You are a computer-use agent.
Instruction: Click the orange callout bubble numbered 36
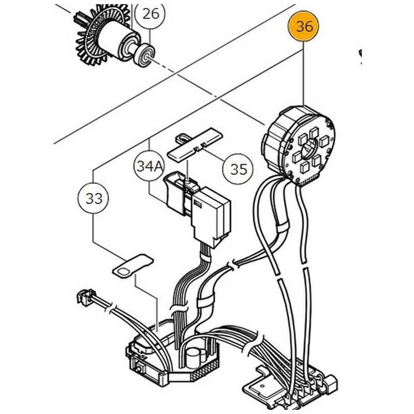click(x=304, y=26)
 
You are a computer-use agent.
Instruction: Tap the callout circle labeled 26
click(x=151, y=13)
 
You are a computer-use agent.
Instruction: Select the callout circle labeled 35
click(x=239, y=169)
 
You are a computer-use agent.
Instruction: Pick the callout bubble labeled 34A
click(x=150, y=167)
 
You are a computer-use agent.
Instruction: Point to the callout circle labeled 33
click(x=94, y=198)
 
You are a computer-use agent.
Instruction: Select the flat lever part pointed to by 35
click(x=198, y=144)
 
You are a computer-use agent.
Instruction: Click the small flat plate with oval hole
click(x=132, y=267)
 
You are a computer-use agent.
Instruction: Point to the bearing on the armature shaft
click(x=143, y=54)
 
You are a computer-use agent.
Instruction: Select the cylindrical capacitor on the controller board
click(x=194, y=356)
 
